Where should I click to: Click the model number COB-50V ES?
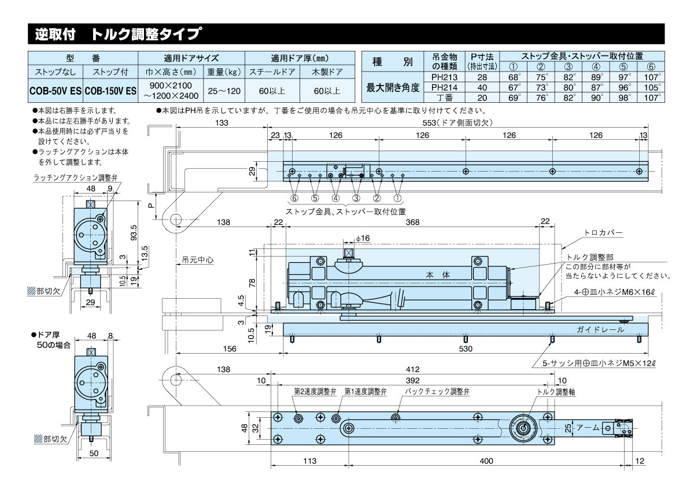point(56,91)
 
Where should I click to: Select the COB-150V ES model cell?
point(110,91)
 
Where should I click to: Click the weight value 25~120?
point(224,91)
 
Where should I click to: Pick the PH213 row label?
point(444,77)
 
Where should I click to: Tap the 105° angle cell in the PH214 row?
point(651,87)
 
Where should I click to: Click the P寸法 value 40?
point(481,87)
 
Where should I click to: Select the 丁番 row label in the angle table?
point(444,98)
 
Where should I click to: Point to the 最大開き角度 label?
point(393,87)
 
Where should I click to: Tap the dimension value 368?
point(412,222)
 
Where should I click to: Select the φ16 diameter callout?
point(363,239)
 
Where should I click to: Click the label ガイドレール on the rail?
point(600,329)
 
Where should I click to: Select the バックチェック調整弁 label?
point(437,391)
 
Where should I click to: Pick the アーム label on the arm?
point(587,428)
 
